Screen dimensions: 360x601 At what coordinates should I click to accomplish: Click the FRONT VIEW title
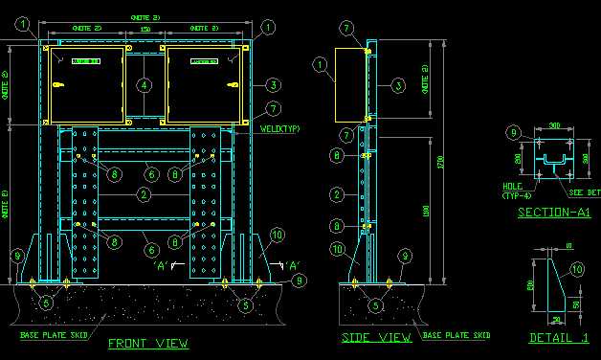(147, 343)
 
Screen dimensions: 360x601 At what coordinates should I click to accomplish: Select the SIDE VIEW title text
(376, 338)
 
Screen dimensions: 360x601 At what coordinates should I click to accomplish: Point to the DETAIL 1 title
(558, 338)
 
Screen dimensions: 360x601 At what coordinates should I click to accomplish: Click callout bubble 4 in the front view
(144, 85)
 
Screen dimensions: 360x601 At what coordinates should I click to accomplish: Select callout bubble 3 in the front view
(273, 84)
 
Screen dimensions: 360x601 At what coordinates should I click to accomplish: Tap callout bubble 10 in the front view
(277, 234)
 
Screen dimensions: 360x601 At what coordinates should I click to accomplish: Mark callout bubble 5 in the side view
(375, 305)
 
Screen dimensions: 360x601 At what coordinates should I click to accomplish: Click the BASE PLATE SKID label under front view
(53, 335)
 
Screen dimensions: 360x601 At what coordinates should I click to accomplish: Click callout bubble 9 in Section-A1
(513, 132)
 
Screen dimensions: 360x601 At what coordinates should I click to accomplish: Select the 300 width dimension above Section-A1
(554, 125)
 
